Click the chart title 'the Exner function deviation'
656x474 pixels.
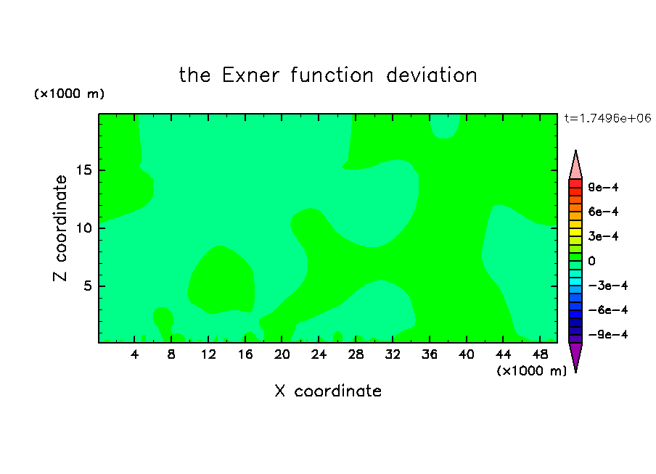click(328, 75)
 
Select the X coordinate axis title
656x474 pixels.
click(328, 391)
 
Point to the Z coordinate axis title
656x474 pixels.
click(60, 228)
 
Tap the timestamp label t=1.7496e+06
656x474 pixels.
click(607, 118)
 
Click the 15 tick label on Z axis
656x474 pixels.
click(84, 170)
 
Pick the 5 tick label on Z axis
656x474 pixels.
click(88, 286)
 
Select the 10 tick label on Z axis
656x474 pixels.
click(84, 228)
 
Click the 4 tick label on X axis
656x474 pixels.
click(135, 354)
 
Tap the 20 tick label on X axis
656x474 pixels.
click(282, 354)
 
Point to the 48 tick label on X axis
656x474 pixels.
click(540, 354)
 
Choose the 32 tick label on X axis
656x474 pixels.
click(393, 354)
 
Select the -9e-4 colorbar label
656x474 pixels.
click(608, 334)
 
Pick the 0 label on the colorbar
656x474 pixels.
click(591, 261)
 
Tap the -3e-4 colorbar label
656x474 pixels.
click(608, 286)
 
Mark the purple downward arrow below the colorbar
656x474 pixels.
click(575, 356)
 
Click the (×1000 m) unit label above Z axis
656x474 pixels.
click(69, 93)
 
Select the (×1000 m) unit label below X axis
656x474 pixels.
click(531, 371)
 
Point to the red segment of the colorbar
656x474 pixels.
click(575, 183)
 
